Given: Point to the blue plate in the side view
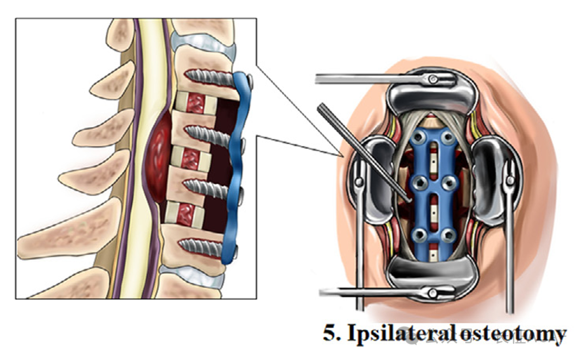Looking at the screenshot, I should click(238, 168).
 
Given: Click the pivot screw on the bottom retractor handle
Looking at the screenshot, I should click(432, 293).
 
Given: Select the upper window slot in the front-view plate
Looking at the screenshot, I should click(432, 160).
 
